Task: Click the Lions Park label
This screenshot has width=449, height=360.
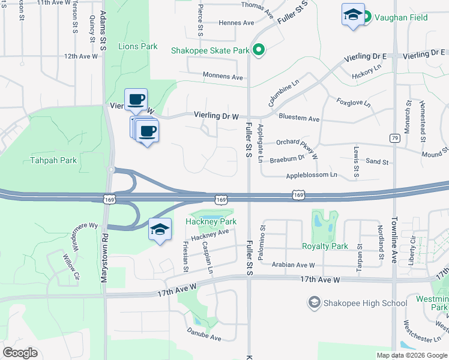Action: pos(137,46)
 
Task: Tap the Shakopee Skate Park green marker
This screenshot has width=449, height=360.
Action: pos(259,50)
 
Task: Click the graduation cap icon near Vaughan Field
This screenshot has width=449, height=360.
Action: pos(353,14)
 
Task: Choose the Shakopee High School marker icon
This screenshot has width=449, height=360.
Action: pos(313,303)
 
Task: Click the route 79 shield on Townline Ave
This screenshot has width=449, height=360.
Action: pos(395,139)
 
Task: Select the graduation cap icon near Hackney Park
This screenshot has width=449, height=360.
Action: pos(160,229)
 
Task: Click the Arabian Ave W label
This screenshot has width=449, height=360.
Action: pos(294,265)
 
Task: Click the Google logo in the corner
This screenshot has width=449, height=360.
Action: pos(20,353)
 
